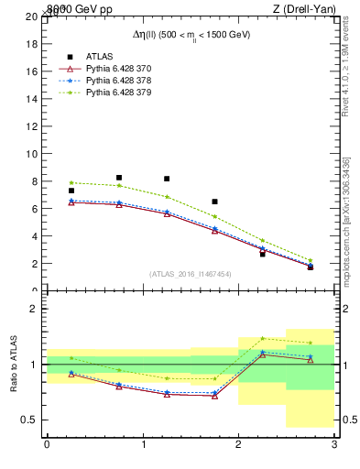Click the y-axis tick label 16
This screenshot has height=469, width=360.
click(32, 71)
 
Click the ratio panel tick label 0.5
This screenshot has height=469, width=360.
click(29, 420)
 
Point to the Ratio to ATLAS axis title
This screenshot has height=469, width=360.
click(14, 365)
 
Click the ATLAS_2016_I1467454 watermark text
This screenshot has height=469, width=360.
click(190, 274)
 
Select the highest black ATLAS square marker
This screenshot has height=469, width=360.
click(119, 178)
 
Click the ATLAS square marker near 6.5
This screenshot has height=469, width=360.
click(214, 202)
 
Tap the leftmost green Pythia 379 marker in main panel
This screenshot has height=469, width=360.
click(71, 182)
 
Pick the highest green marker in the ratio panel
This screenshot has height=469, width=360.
click(262, 338)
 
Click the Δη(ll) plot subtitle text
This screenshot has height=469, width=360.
click(191, 34)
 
